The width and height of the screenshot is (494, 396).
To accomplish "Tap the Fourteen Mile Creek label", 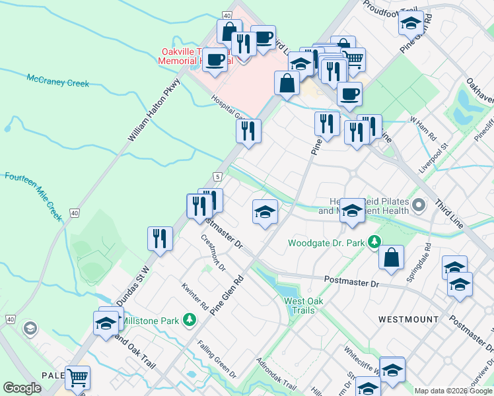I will (x=33, y=195).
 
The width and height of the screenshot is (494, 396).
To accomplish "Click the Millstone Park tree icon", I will (x=190, y=320).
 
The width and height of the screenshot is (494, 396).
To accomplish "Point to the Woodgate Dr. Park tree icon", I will (x=374, y=243).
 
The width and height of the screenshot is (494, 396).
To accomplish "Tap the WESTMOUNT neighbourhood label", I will (x=408, y=319).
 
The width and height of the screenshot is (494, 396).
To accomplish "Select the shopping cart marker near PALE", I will (x=77, y=378).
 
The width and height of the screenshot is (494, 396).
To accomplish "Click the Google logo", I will (x=22, y=388).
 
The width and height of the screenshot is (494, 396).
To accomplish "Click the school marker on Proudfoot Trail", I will (x=411, y=24).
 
